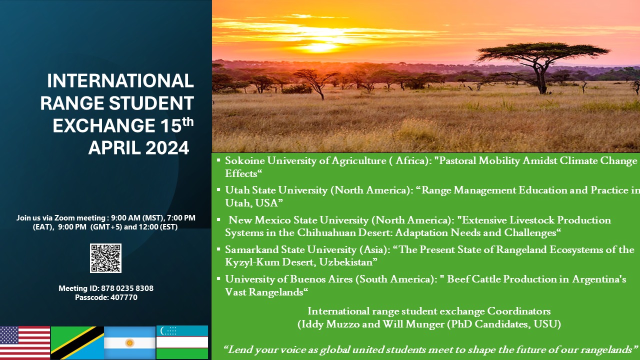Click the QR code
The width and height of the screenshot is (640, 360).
click(x=105, y=258)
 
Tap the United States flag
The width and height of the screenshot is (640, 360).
click(x=25, y=343)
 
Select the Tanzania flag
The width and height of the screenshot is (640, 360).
click(x=77, y=343)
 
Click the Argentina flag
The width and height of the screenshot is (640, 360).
click(x=129, y=343)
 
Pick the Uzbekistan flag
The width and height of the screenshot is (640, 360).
click(x=182, y=342)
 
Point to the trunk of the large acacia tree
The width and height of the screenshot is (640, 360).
click(x=541, y=77)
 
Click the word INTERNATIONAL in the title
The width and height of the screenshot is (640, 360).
click(x=120, y=81)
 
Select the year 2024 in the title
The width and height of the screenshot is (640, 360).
click(x=167, y=147)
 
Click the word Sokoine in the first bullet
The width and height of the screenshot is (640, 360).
click(x=245, y=160)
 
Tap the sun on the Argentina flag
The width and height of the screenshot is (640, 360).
click(x=129, y=343)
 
